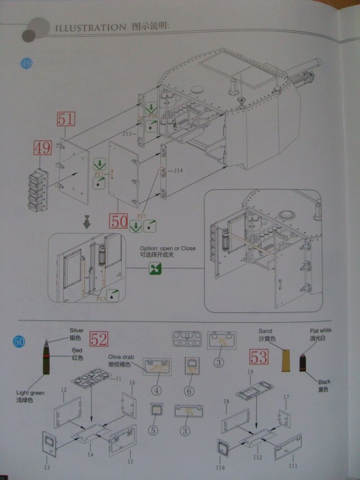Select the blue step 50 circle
[x=19, y=341]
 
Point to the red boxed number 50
[x=119, y=221]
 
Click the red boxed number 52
[x=99, y=339]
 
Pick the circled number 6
[x=189, y=390]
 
